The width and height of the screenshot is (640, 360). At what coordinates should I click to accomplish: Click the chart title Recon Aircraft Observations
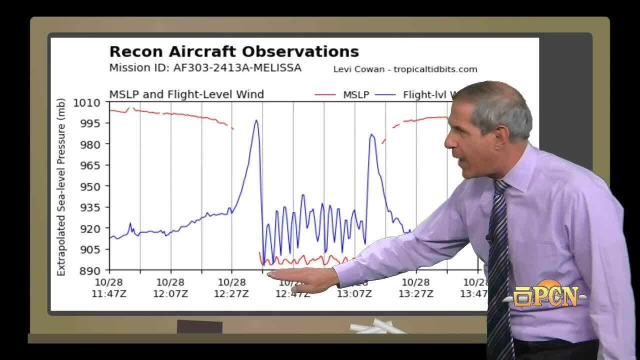coord(234,51)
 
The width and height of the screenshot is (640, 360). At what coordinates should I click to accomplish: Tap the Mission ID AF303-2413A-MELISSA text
coord(205,68)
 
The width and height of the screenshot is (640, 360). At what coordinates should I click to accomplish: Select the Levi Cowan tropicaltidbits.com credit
coord(405,69)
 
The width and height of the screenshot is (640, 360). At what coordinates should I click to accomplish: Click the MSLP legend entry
coord(355,94)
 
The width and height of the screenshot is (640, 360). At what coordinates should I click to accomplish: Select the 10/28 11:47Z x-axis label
coord(109,288)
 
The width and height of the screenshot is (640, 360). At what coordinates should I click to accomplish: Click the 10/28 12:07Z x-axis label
coord(170,288)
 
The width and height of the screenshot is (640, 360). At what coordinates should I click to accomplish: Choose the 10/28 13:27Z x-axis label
coord(415,288)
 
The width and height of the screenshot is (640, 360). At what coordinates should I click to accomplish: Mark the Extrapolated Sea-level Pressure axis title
coord(61,187)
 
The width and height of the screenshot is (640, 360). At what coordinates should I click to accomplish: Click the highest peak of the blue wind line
coord(256,120)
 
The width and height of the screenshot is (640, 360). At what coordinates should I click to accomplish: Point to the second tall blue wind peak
coord(371,134)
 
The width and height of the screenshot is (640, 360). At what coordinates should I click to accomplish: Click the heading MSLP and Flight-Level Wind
coord(186,94)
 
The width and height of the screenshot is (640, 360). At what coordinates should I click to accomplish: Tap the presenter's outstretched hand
coord(300,280)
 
